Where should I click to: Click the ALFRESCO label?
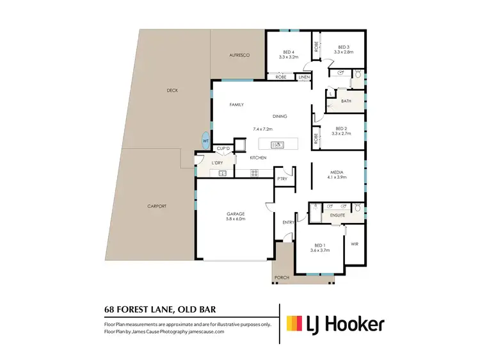[x=238, y=56]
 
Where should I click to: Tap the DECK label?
[x=172, y=90]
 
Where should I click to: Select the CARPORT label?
[x=157, y=206]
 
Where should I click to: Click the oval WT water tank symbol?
[x=205, y=141]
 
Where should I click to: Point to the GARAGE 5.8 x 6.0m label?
[x=236, y=216]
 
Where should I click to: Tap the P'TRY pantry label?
[x=282, y=179]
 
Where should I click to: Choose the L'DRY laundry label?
[x=218, y=163]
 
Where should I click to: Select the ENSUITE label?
[x=337, y=215]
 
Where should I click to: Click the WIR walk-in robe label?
[x=355, y=243]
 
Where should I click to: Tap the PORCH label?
[x=282, y=277]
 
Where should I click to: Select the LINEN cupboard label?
[x=304, y=78]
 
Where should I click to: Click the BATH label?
[x=346, y=101]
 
